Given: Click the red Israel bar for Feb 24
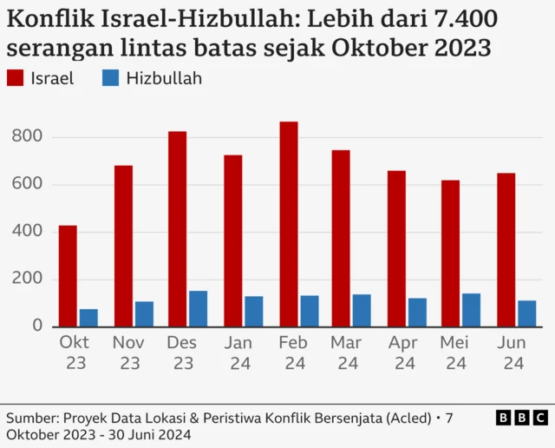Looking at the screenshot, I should point(289,224).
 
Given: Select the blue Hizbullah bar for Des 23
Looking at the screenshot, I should point(199,309).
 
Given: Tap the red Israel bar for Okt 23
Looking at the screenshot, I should point(68,276).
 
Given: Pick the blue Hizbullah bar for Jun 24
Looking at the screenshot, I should point(526,313).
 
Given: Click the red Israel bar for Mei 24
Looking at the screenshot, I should point(451,254).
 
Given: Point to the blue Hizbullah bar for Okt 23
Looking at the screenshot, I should point(88,318).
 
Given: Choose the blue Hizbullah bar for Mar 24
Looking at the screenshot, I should point(362,311).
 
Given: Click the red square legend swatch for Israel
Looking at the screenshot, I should point(15,79).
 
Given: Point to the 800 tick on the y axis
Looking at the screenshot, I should point(28,137).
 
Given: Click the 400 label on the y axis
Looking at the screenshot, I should point(28,232).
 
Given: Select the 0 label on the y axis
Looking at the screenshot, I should point(36,326).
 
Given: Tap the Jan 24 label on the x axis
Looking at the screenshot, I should point(238,353).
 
